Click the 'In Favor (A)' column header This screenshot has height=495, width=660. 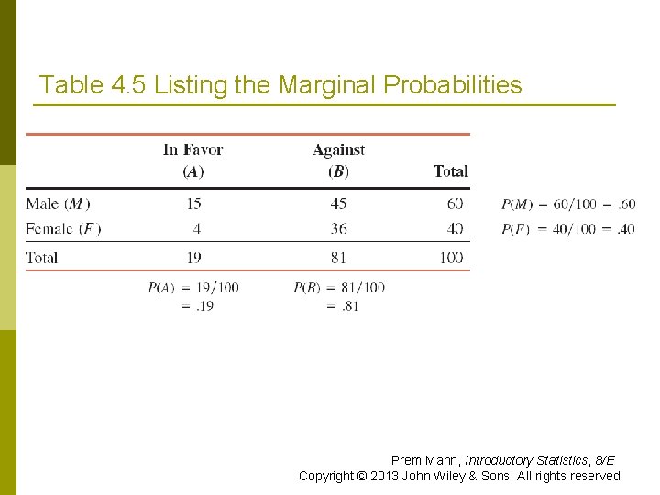click(x=192, y=160)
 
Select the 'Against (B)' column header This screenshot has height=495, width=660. click(x=338, y=160)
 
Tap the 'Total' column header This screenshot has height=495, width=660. click(x=450, y=171)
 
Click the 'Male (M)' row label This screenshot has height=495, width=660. click(x=59, y=203)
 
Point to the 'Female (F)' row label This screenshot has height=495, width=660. click(x=63, y=228)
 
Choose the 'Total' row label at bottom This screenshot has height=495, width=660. click(x=42, y=258)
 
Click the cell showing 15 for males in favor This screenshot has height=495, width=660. click(x=192, y=203)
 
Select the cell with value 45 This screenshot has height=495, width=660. click(x=339, y=203)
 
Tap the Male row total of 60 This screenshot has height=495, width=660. click(x=455, y=203)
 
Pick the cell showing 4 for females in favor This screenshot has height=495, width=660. click(x=197, y=228)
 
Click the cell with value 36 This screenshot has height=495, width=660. click(x=339, y=228)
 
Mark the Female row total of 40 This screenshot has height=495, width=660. click(x=455, y=228)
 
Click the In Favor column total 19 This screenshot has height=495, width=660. click(x=192, y=258)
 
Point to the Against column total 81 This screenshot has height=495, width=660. click(x=339, y=258)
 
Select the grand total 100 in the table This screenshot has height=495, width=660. click(x=451, y=258)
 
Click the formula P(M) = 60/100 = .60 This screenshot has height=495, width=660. click(x=567, y=203)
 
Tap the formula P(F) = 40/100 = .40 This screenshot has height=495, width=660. click(x=567, y=229)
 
